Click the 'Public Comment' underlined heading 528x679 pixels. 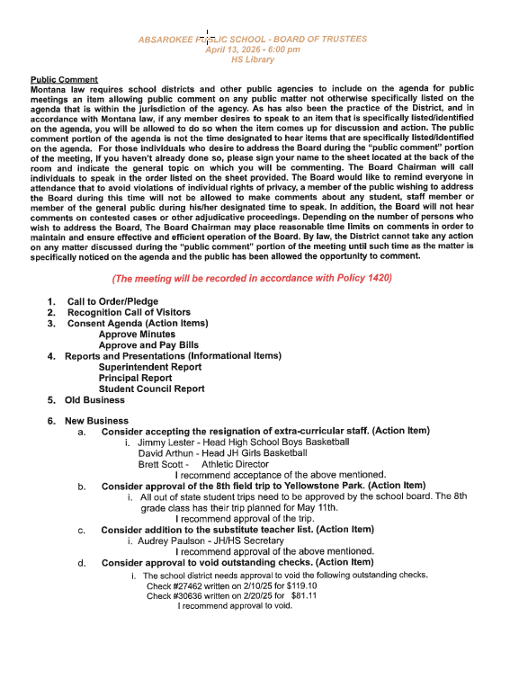click(x=64, y=80)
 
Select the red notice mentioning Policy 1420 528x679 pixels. click(x=252, y=279)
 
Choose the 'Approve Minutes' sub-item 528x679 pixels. click(x=137, y=334)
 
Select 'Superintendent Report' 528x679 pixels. click(x=150, y=367)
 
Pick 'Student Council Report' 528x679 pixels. click(x=151, y=389)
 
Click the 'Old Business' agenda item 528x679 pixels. click(x=94, y=400)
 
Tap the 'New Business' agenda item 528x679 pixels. click(x=96, y=420)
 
